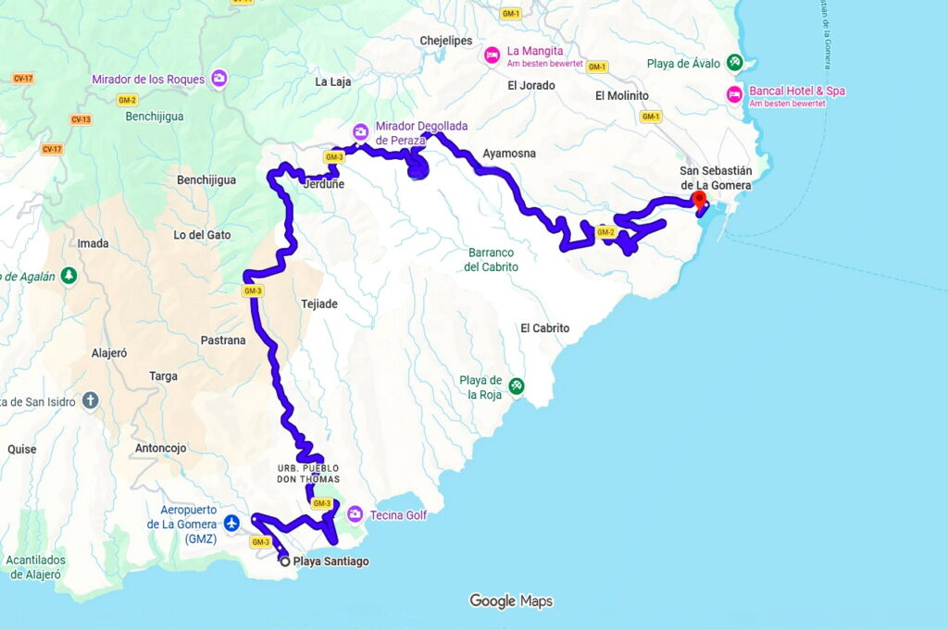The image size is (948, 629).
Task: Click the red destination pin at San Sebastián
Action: pyautogui.click(x=699, y=200)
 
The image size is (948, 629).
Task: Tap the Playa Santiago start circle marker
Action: pyautogui.click(x=284, y=561)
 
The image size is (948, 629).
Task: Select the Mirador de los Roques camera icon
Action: pyautogui.click(x=219, y=79)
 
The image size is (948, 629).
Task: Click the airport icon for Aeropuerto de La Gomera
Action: pyautogui.click(x=231, y=524)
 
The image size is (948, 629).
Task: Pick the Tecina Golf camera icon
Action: pyautogui.click(x=355, y=514)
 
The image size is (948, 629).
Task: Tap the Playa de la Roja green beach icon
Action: pyautogui.click(x=516, y=386)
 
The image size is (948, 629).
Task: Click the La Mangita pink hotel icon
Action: pyautogui.click(x=493, y=56)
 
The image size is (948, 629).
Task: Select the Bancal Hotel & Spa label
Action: pyautogui.click(x=796, y=92)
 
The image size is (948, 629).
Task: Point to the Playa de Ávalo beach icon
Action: pyautogui.click(x=733, y=63)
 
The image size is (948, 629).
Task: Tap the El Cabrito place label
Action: pyautogui.click(x=544, y=327)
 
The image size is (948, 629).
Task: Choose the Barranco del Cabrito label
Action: pyautogui.click(x=491, y=259)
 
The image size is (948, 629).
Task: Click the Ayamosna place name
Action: pyautogui.click(x=509, y=154)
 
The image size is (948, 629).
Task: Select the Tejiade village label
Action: pyautogui.click(x=318, y=303)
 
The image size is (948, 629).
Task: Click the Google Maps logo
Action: pyautogui.click(x=510, y=601)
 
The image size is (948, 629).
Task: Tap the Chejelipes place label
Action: pyautogui.click(x=446, y=41)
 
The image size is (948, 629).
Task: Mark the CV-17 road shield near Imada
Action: pyautogui.click(x=52, y=149)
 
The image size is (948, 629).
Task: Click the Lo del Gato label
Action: pyautogui.click(x=202, y=235)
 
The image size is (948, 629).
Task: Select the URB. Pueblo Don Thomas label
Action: pyautogui.click(x=308, y=474)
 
